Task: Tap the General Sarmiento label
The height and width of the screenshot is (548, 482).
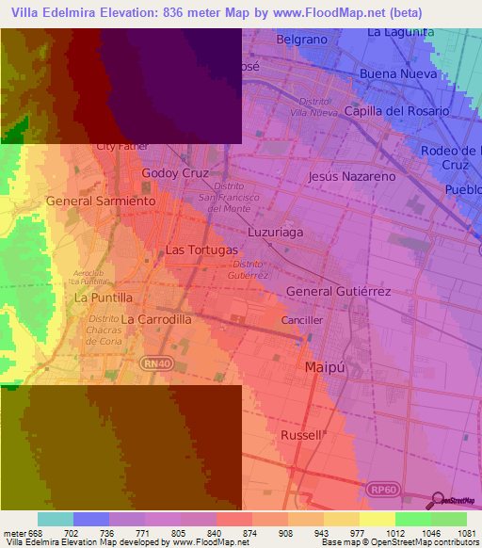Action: (x=100, y=201)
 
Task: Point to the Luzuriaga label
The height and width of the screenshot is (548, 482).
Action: (x=275, y=231)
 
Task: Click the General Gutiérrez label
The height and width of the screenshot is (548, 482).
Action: (x=338, y=292)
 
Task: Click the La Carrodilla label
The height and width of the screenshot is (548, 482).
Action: (x=156, y=319)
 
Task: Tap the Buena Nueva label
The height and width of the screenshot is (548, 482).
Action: (x=398, y=73)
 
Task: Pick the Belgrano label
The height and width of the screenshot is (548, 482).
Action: (x=301, y=40)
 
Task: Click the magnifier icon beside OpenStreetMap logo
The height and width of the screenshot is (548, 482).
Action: (x=436, y=499)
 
